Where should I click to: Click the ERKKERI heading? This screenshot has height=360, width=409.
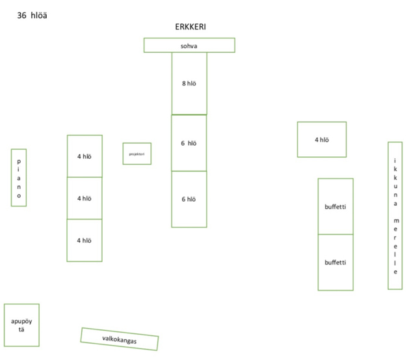pyautogui.click(x=191, y=27)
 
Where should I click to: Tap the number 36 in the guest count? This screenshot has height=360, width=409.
pyautogui.click(x=22, y=14)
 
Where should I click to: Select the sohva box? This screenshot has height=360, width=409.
pyautogui.click(x=189, y=45)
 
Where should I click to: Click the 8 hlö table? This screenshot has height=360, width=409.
pyautogui.click(x=189, y=83)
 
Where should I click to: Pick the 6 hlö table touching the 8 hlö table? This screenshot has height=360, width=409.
pyautogui.click(x=189, y=143)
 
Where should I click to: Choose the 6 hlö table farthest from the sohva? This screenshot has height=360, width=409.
pyautogui.click(x=189, y=199)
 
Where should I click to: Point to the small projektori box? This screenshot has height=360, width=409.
pyautogui.click(x=137, y=154)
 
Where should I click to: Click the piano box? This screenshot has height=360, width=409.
pyautogui.click(x=19, y=178)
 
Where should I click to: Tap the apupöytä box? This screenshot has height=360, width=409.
pyautogui.click(x=21, y=325)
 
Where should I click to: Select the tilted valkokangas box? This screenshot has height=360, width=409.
pyautogui.click(x=120, y=339)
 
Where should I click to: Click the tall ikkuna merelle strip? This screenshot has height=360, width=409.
pyautogui.click(x=395, y=215)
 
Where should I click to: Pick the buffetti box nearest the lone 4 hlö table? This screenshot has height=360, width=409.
pyautogui.click(x=336, y=206)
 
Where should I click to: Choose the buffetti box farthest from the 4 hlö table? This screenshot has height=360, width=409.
pyautogui.click(x=336, y=262)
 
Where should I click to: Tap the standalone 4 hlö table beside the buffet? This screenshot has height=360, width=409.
pyautogui.click(x=322, y=139)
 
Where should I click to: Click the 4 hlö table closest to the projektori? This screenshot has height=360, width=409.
pyautogui.click(x=85, y=156)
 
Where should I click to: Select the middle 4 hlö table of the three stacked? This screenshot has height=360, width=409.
pyautogui.click(x=85, y=198)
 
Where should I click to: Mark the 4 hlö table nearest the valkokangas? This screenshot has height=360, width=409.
pyautogui.click(x=85, y=240)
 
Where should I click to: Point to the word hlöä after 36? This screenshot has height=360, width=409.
pyautogui.click(x=38, y=14)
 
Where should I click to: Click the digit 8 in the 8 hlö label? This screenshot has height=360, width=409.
pyautogui.click(x=183, y=83)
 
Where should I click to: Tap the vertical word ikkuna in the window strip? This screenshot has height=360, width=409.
pyautogui.click(x=395, y=183)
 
